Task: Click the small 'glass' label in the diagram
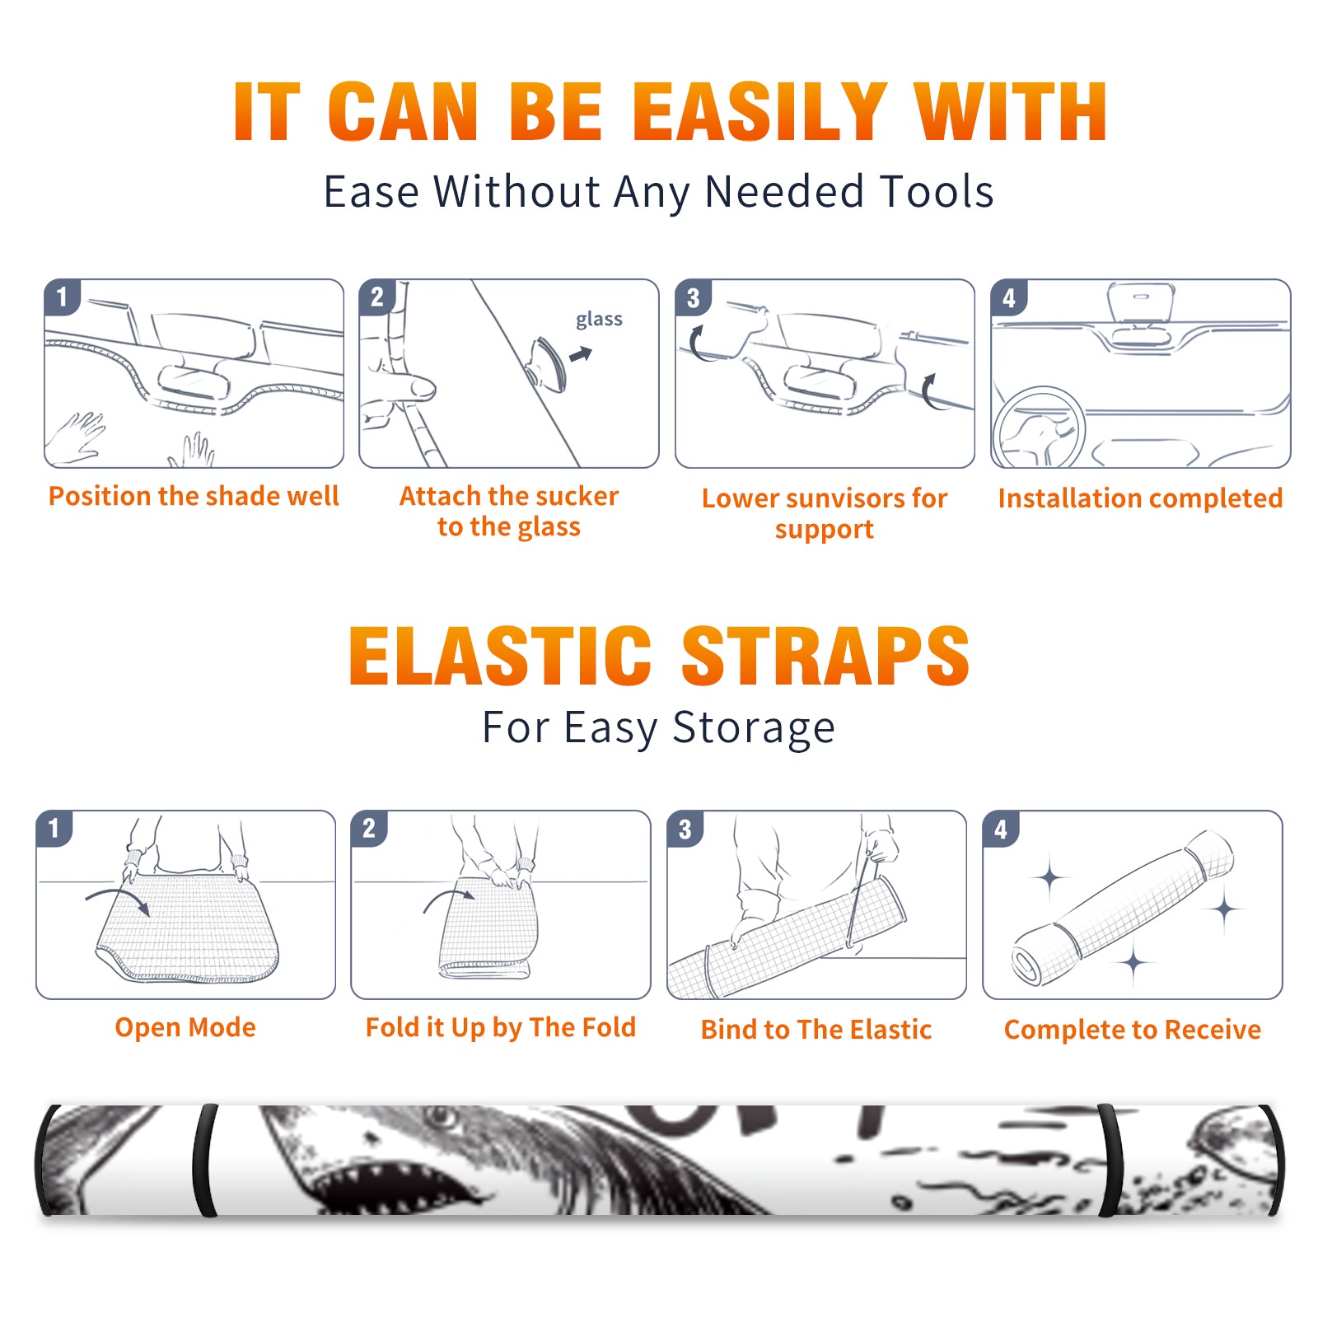[x=599, y=320]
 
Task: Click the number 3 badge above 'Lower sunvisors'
[x=693, y=297]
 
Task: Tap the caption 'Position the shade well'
[x=194, y=496]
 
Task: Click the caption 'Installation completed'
[x=1140, y=498]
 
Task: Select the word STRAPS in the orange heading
[x=825, y=656]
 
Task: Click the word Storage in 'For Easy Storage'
[x=754, y=728]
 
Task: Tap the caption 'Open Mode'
[x=185, y=1027]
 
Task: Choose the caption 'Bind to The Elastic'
[x=816, y=1030]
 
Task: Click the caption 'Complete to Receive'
[x=1133, y=1030]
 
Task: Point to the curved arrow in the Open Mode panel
[x=118, y=893]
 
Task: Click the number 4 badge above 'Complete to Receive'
[x=1001, y=829]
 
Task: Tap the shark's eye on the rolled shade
[x=442, y=1116]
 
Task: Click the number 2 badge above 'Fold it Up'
[x=369, y=828]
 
